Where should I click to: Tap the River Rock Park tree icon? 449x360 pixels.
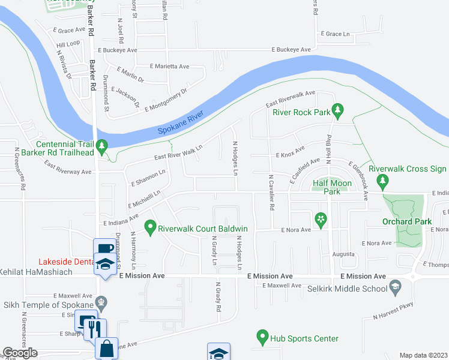pyautogui.click(x=338, y=109)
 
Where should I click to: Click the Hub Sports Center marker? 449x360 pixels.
pyautogui.click(x=262, y=336)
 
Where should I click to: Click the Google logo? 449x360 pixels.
pyautogui.click(x=21, y=353)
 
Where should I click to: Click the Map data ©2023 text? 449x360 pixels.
pyautogui.click(x=423, y=355)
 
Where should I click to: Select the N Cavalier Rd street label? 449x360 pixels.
pyautogui.click(x=271, y=193)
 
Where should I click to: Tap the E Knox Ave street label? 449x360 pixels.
pyautogui.click(x=290, y=155)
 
